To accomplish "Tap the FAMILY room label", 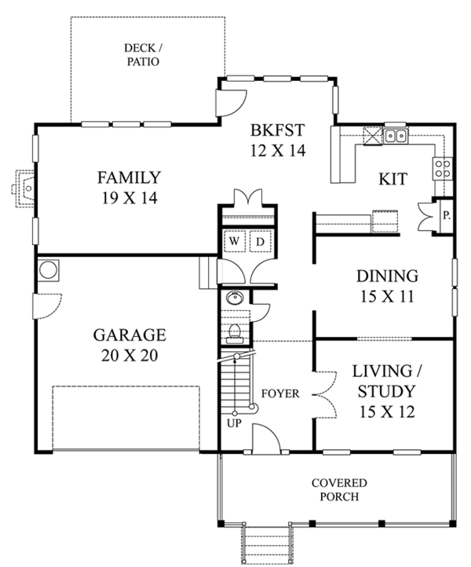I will pos(129,188).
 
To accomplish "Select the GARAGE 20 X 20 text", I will pos(130,345).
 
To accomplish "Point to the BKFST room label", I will pos(277,140).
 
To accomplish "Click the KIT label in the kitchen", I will pos(392,179).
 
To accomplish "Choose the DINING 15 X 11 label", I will pos(386,286).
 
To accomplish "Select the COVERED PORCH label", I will pos(338,489).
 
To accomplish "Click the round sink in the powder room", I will pos(232,299).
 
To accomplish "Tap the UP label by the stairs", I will pos(234,423).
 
